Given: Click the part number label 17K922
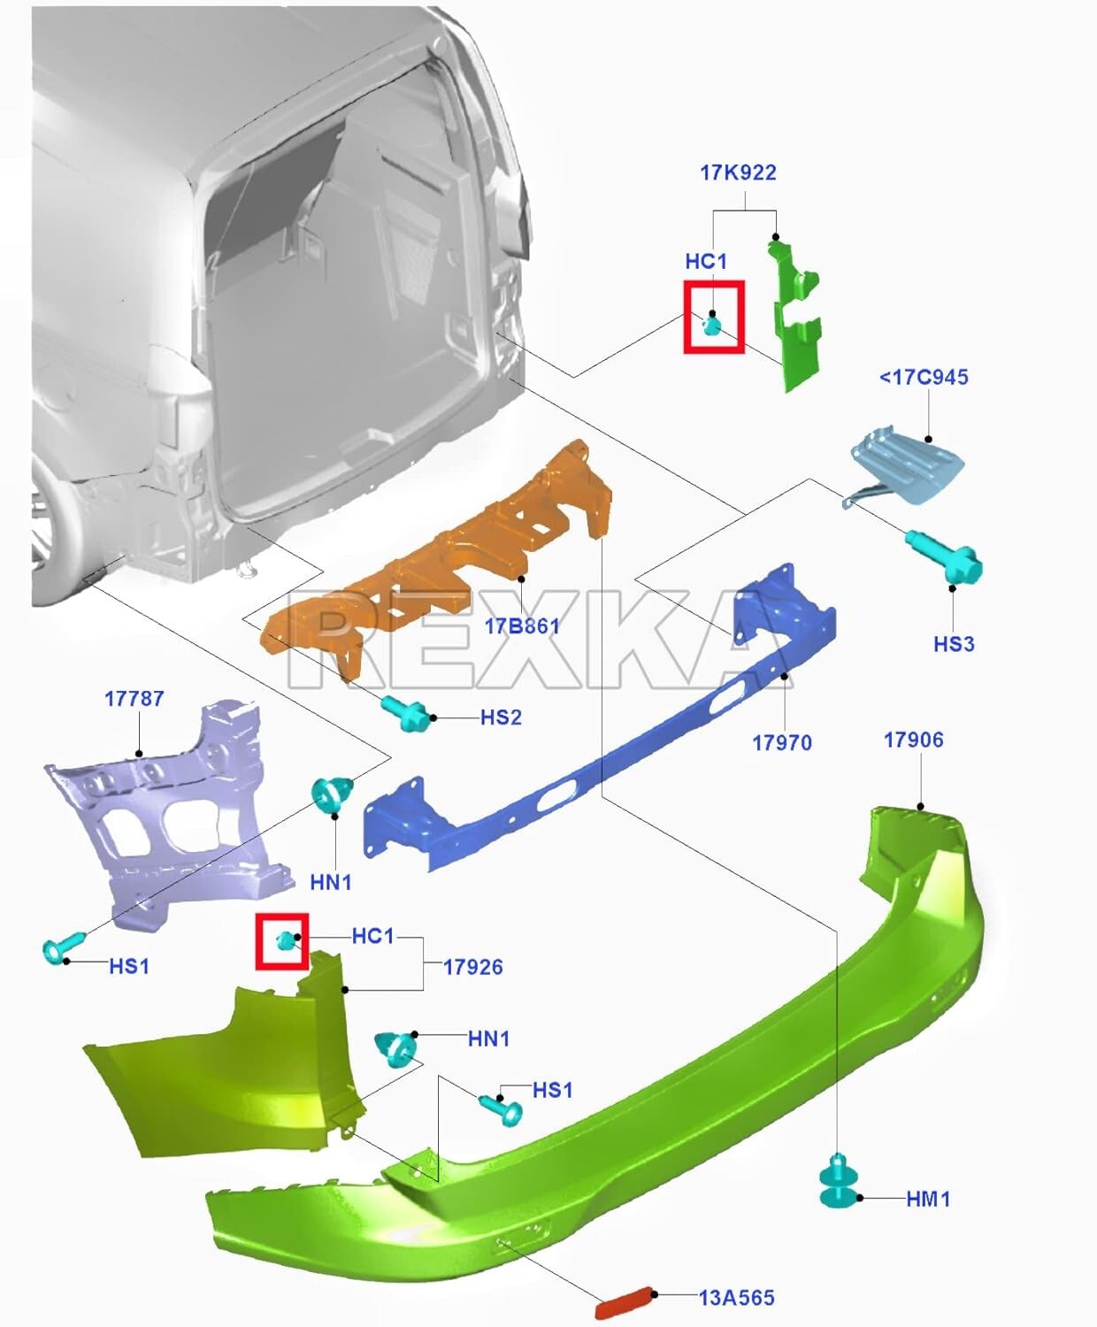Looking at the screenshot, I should coord(738,173).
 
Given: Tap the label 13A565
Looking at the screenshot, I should coord(736,1298).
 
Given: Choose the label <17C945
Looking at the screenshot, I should coord(923,377).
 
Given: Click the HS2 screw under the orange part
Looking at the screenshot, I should coord(406,713).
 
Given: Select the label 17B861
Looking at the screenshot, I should coord(522,626).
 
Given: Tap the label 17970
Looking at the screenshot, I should coord(781,742).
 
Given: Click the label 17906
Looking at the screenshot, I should coord(913,740).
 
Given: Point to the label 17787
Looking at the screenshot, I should coord(134,699).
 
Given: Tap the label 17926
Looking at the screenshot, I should coord(472,967).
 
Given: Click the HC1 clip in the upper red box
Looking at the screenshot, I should coord(712,326).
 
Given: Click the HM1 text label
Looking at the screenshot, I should coord(928,1199).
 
